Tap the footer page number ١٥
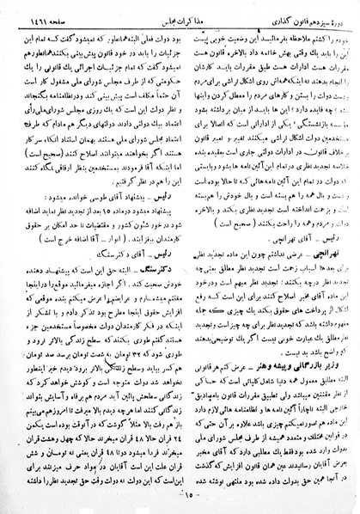[182, 497]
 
